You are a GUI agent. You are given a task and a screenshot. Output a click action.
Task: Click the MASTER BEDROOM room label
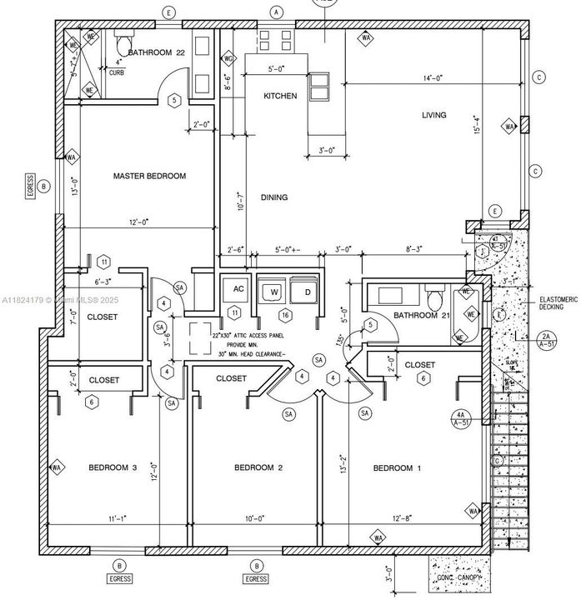point(149,176)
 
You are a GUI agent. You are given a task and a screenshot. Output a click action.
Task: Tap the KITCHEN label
point(280,96)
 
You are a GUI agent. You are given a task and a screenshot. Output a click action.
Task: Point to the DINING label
point(274,197)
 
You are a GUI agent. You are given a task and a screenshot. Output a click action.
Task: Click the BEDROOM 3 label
point(113,467)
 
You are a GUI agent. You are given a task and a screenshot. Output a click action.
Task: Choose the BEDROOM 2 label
point(258,467)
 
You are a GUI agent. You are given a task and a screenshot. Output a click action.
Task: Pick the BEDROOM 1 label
point(397,468)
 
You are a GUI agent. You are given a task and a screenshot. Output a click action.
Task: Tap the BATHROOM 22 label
point(156,52)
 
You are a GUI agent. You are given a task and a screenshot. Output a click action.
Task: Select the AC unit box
point(238,290)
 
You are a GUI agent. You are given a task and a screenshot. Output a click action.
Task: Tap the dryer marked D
point(306,292)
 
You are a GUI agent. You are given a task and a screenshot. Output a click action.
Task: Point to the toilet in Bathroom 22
point(124,42)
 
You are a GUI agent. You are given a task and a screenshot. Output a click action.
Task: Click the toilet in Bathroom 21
point(432,297)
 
